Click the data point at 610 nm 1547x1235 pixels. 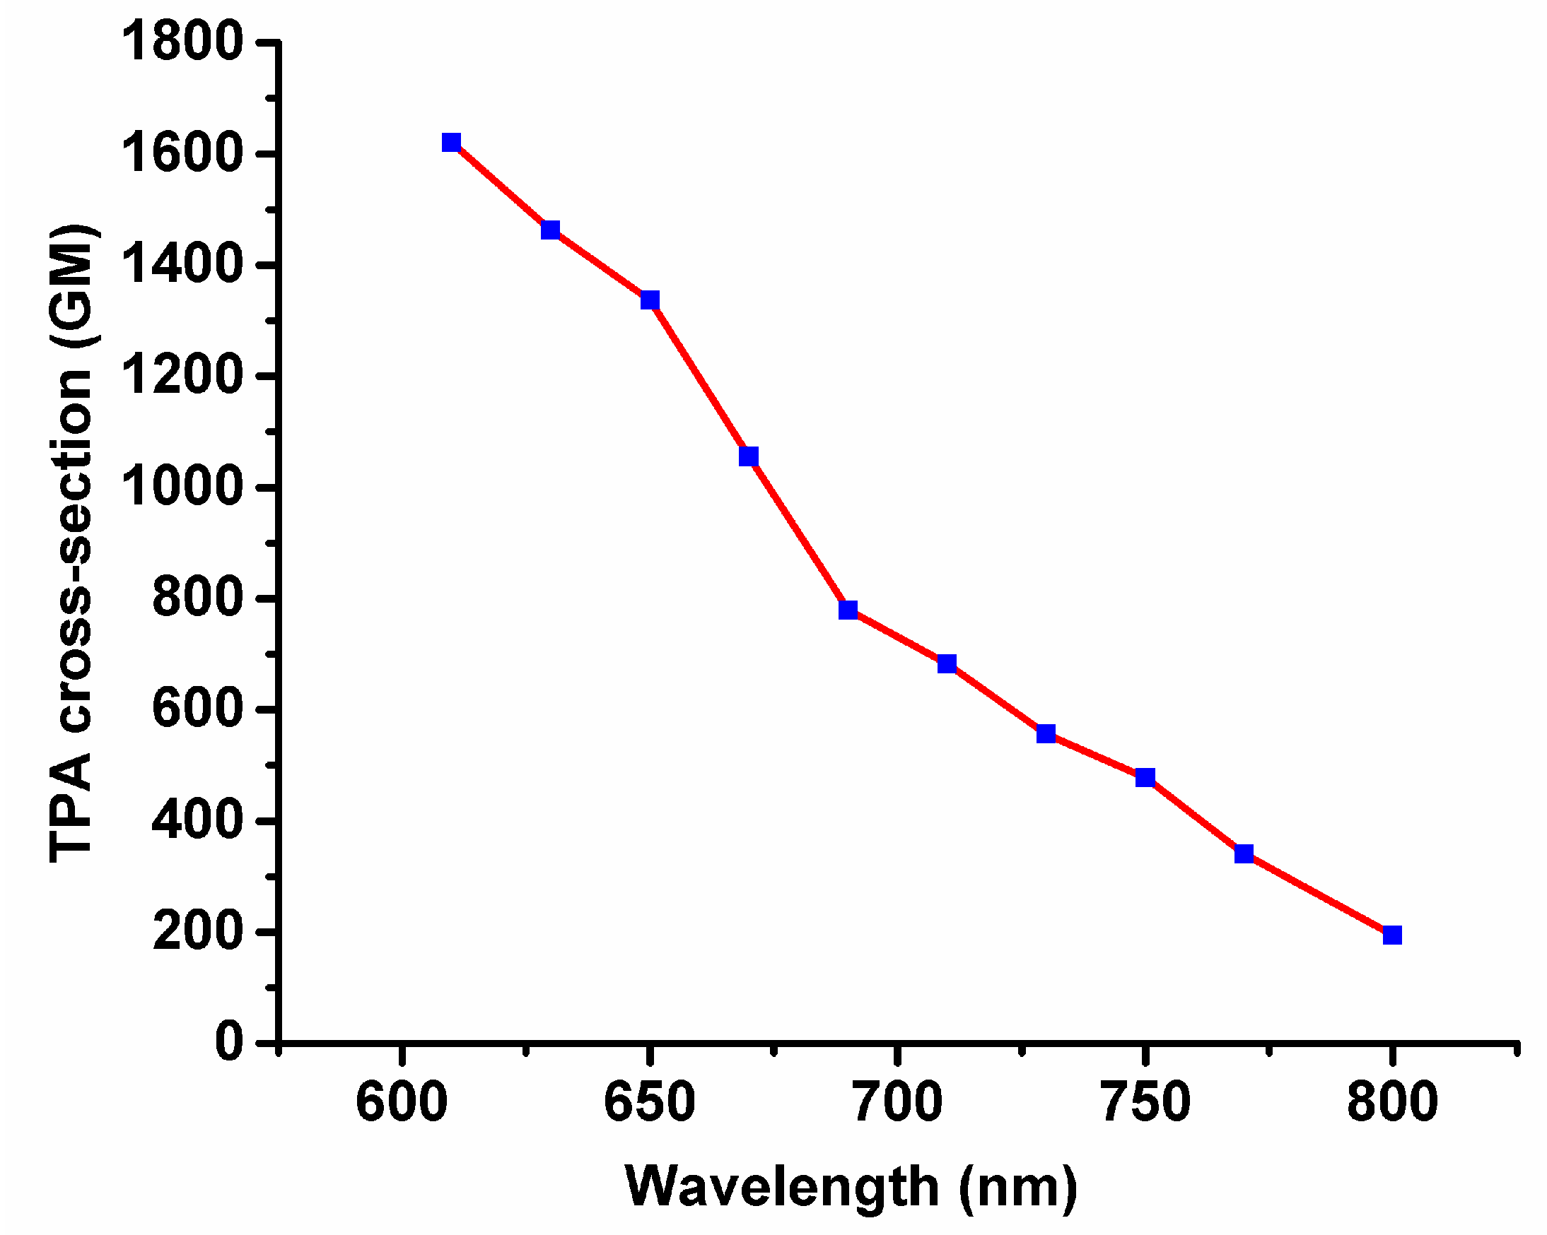[x=451, y=142]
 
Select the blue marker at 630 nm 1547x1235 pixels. [x=550, y=230]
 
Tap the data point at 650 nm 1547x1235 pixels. [x=650, y=299]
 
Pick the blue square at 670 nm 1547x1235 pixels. [x=748, y=456]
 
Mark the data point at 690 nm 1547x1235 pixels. [x=848, y=610]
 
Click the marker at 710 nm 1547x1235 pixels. [x=947, y=663]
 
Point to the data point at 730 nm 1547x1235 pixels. [x=1046, y=733]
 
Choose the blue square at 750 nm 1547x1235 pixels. [x=1145, y=777]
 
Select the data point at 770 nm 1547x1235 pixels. [x=1244, y=853]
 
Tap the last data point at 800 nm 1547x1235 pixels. [x=1392, y=935]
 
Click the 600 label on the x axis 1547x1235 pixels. [x=402, y=1101]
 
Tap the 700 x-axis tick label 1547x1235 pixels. [x=897, y=1101]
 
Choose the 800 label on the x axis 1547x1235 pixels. [x=1392, y=1101]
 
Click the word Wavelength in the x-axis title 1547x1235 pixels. [x=782, y=1187]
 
